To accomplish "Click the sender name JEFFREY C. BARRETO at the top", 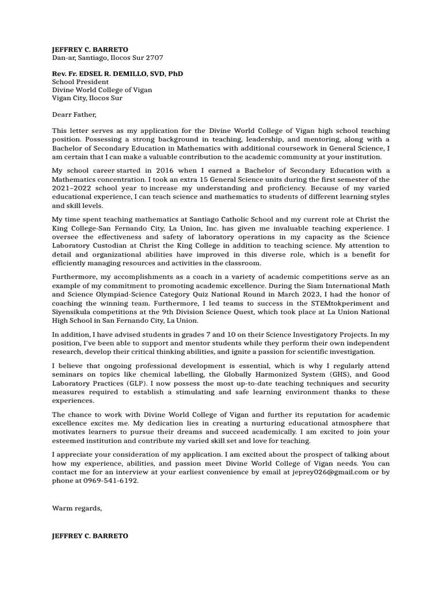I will click(90, 49).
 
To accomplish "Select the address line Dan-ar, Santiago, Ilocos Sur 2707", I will click(108, 58).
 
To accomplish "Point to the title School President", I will click(80, 82).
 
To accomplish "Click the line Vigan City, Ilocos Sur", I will click(87, 98).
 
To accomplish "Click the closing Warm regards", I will click(77, 508).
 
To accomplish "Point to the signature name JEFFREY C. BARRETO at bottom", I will click(90, 536).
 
